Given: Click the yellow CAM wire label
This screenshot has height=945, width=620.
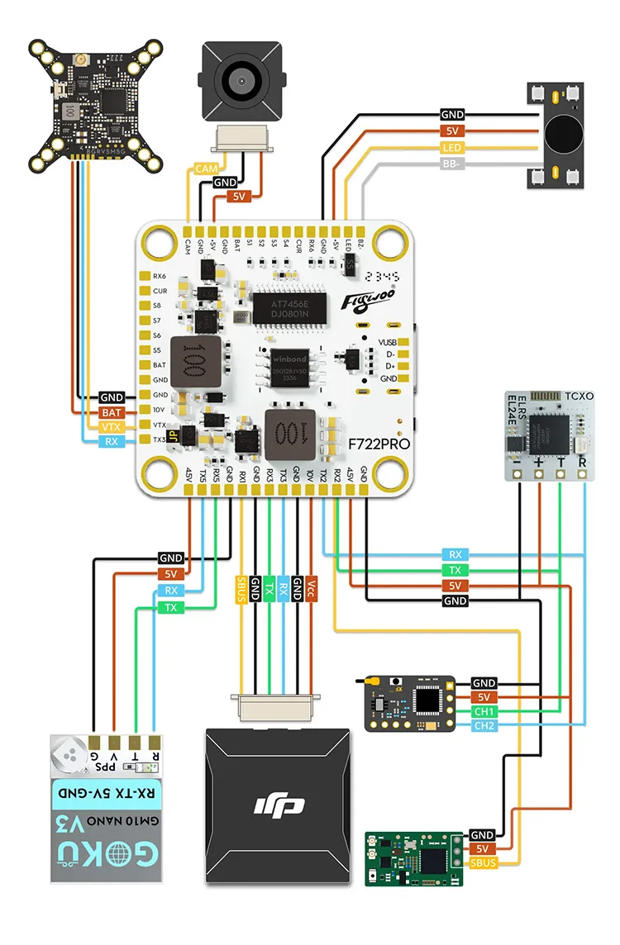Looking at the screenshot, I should click(205, 169).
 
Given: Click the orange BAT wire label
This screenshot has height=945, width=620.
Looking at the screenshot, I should click(111, 411).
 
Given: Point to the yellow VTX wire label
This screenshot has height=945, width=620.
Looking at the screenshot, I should click(111, 426).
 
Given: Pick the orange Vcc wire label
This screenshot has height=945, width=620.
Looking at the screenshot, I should click(311, 588).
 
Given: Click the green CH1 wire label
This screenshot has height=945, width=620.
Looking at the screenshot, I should click(484, 711).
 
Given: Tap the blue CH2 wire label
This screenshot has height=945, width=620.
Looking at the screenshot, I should click(484, 726).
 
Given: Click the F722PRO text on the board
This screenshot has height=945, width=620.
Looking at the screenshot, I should click(379, 444).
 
